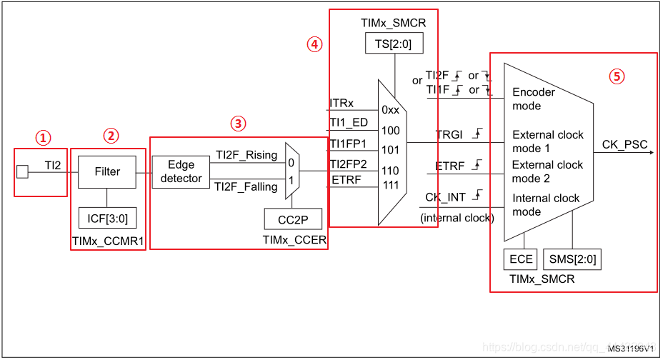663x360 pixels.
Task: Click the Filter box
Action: tap(106, 171)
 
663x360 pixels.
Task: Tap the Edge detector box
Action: tap(181, 172)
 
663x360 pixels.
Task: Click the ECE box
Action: tap(521, 259)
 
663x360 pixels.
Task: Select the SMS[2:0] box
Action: tap(572, 259)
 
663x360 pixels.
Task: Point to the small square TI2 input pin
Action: tap(22, 171)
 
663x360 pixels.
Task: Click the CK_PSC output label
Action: tap(625, 145)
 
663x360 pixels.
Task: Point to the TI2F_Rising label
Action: tap(246, 156)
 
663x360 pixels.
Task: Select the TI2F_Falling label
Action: tap(246, 187)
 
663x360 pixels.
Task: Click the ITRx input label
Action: tap(342, 104)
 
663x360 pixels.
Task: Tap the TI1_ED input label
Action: tap(349, 123)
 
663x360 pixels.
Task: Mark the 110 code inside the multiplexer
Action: tap(390, 171)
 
